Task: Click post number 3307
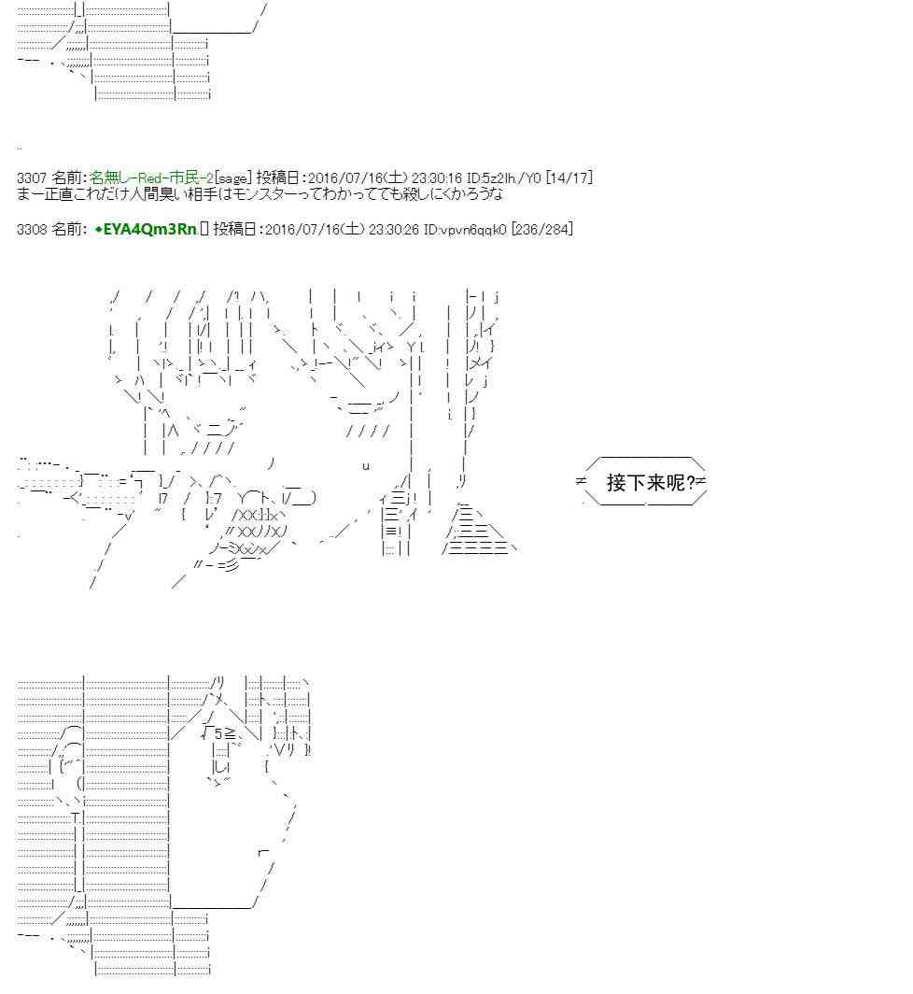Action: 31,178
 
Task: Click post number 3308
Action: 31,229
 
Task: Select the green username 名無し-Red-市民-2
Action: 151,178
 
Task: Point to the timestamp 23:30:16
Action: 437,178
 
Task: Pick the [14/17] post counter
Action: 569,178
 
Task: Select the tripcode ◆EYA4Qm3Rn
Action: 146,229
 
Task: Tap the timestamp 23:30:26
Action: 393,229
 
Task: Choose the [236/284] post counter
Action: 541,229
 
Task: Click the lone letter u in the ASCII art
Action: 366,466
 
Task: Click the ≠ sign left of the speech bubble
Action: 581,481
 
